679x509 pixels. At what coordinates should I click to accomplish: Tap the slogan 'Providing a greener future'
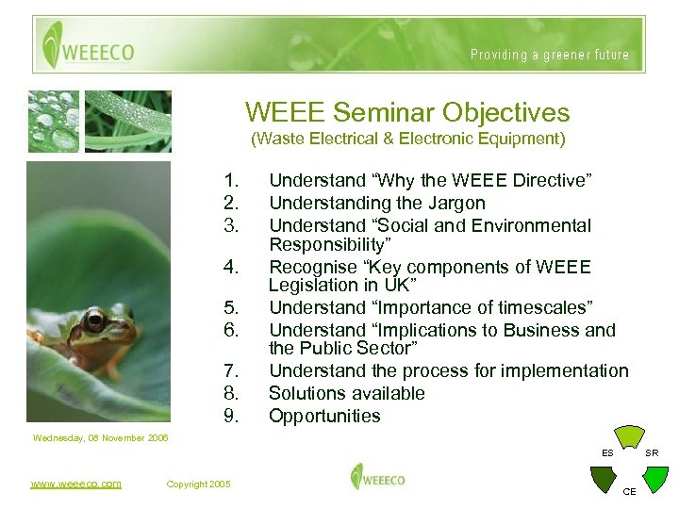click(550, 55)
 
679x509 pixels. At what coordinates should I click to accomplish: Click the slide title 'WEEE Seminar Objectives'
click(407, 113)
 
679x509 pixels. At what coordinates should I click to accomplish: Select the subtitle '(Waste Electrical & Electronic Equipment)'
click(407, 140)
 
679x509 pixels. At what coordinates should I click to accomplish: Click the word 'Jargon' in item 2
click(455, 203)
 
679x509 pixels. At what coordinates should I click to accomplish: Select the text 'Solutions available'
click(347, 393)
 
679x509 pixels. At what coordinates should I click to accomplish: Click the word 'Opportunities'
click(324, 416)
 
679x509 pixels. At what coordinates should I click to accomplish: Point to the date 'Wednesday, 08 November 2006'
click(100, 438)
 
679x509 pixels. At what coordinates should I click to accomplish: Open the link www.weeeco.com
click(75, 484)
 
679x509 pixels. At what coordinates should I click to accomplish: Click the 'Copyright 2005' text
click(198, 484)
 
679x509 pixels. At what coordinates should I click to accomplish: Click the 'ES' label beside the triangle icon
click(607, 453)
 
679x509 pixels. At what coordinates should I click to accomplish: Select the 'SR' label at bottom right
click(652, 453)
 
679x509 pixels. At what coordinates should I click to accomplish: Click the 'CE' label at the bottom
click(630, 491)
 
